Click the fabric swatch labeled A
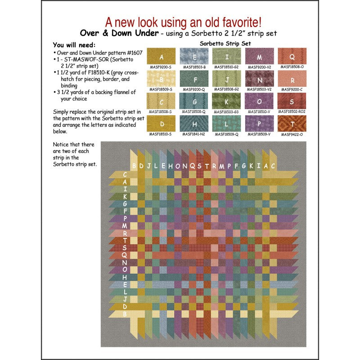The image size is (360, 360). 162,57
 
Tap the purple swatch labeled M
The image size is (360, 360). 259,57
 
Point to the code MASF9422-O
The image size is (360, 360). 292,134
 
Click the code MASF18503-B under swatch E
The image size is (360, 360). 194,67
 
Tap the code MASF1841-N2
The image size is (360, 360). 194,134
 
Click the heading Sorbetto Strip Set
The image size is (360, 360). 225,44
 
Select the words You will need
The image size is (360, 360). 74,45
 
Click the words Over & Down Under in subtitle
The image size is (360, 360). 117,33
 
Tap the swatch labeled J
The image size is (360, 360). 227,80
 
